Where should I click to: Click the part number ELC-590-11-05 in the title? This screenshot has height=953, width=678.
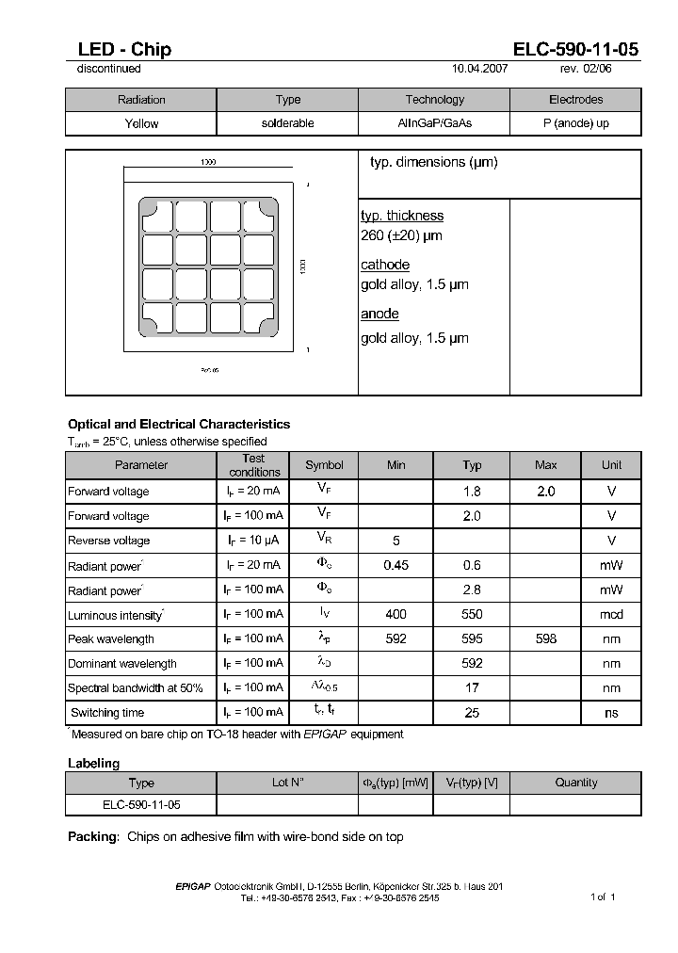[x=576, y=50]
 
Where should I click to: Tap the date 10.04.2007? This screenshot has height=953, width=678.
[x=481, y=69]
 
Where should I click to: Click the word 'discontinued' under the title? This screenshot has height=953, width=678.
[x=108, y=69]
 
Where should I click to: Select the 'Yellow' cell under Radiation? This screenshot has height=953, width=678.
[x=141, y=123]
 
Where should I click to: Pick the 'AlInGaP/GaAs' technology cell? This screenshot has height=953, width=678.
[x=434, y=123]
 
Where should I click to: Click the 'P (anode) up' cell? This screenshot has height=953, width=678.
[x=575, y=123]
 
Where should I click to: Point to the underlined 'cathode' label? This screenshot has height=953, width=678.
[x=385, y=265]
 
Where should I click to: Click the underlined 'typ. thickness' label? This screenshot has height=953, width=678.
[x=402, y=216]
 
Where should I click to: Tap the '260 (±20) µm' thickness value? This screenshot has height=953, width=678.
[x=401, y=235]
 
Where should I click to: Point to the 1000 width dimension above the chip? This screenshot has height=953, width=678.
[x=208, y=162]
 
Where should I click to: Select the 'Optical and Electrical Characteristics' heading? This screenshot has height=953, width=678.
[x=179, y=424]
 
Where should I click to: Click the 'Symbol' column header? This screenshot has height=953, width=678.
[x=324, y=465]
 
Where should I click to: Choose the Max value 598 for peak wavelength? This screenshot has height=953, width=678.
[x=545, y=638]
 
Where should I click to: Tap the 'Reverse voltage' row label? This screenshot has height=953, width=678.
[x=108, y=541]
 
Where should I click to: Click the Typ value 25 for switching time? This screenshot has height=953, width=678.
[x=472, y=713]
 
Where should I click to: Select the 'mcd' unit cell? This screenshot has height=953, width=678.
[x=611, y=614]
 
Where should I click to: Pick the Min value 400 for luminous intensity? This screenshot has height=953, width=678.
[x=396, y=614]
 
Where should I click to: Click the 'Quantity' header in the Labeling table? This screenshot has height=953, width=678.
[x=575, y=783]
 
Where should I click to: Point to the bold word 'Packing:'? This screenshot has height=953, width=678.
[x=93, y=836]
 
